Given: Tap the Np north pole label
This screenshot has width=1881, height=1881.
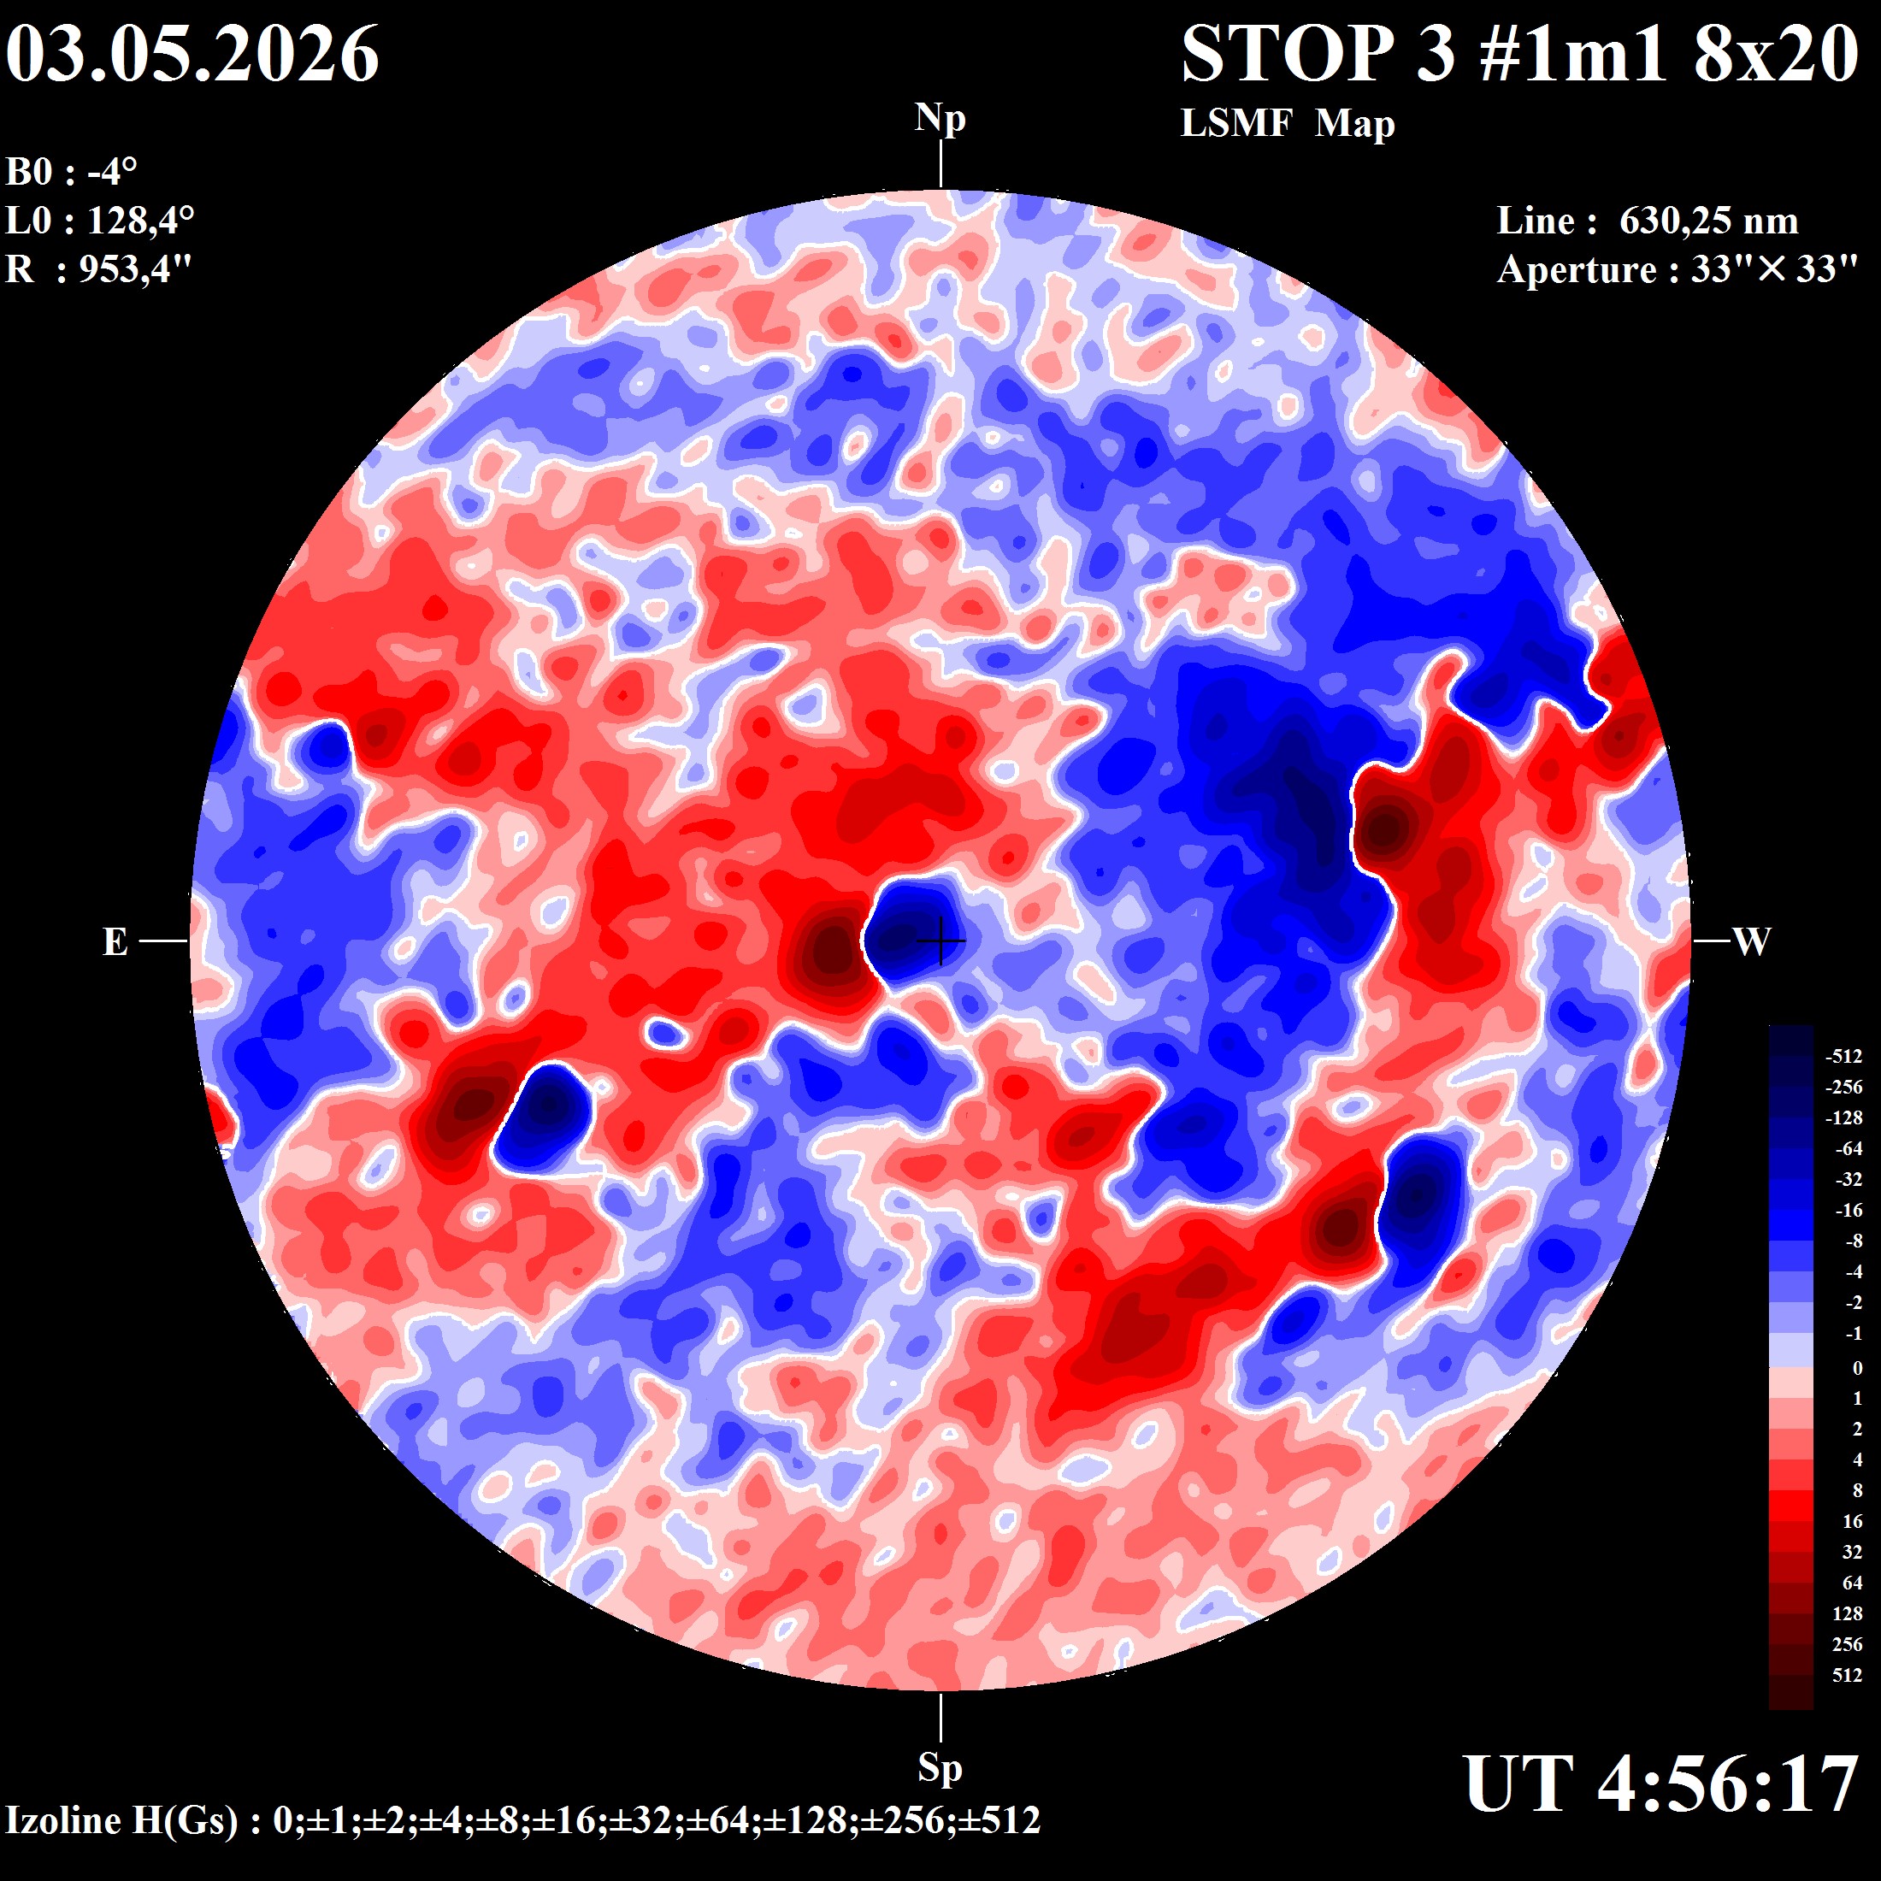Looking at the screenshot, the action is [940, 119].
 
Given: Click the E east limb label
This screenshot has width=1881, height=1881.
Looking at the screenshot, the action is [115, 941].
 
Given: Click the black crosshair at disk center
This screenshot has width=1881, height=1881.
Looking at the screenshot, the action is [940, 940].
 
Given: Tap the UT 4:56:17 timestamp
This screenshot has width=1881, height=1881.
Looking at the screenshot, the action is [1661, 1784].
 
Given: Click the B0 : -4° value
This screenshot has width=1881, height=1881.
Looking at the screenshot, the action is [71, 173].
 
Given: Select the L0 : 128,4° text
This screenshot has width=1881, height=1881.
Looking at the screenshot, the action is [99, 220].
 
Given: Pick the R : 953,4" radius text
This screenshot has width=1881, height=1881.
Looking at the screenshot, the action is [98, 268].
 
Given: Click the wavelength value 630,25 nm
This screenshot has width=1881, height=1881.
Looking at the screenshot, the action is [1708, 221].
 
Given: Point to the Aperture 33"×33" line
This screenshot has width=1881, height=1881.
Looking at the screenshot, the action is [1678, 268].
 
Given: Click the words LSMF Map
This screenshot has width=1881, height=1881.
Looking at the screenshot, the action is [1287, 124].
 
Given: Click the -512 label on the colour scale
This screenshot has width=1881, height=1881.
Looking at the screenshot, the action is [1843, 1057].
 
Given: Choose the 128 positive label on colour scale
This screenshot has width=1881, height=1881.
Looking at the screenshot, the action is [1847, 1613].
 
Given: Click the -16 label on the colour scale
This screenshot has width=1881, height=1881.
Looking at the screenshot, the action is [1848, 1210].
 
